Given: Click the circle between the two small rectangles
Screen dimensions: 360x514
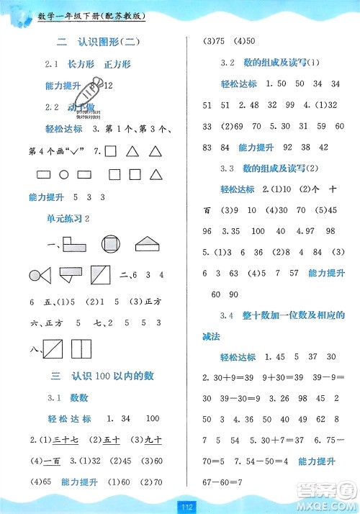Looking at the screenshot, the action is [64, 174].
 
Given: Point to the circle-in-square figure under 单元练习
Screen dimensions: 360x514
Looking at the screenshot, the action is [112, 245].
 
